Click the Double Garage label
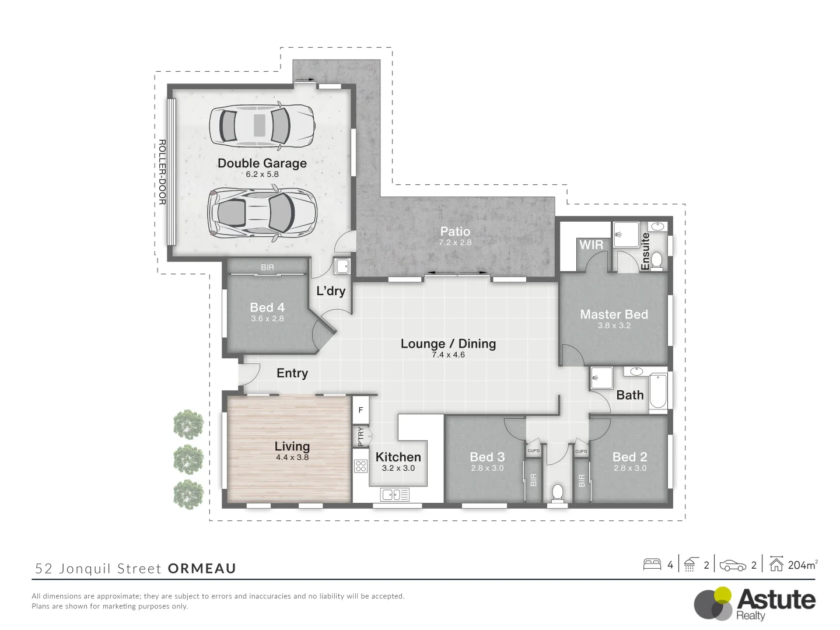[x=262, y=163]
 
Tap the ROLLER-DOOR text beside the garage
[x=162, y=172]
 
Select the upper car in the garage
[x=262, y=125]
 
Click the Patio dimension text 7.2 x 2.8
[x=455, y=243]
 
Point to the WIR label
[x=591, y=245]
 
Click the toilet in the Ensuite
[x=657, y=261]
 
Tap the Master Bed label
[x=614, y=314]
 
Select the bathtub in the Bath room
[x=658, y=392]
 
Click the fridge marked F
[x=360, y=410]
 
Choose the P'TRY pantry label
[x=360, y=436]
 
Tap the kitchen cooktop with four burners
[x=361, y=466]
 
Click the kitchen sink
[x=394, y=495]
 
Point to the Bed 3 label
[x=487, y=457]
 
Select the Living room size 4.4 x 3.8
[x=292, y=457]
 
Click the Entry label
[x=292, y=373]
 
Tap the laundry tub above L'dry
[x=342, y=266]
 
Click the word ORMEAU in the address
[x=202, y=568]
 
